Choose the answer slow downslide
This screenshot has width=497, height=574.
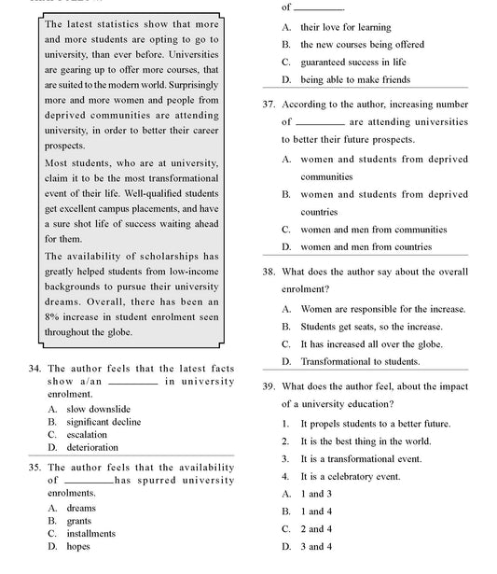pyautogui.click(x=98, y=409)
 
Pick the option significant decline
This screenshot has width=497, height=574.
pyautogui.click(x=104, y=422)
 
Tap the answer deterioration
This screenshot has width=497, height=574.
pyautogui.click(x=92, y=448)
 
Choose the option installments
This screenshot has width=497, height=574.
pyautogui.click(x=91, y=534)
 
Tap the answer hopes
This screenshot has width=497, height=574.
pyautogui.click(x=78, y=547)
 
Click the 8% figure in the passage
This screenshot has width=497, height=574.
pyautogui.click(x=52, y=317)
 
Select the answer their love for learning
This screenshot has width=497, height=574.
pyautogui.click(x=345, y=28)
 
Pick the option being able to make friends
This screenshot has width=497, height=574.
pyautogui.click(x=354, y=80)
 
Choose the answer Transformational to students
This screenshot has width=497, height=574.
pyautogui.click(x=359, y=361)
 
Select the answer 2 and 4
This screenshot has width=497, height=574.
pyautogui.click(x=315, y=529)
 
